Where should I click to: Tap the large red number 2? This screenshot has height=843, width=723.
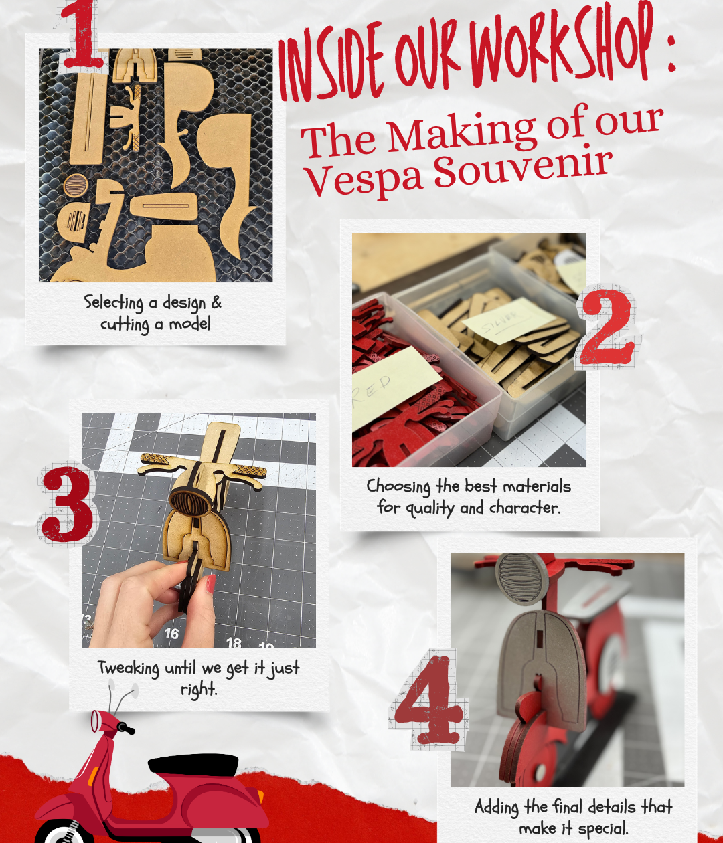pyautogui.click(x=606, y=328)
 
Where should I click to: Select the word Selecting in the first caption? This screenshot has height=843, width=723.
pyautogui.click(x=114, y=302)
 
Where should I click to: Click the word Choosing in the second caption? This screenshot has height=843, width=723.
pyautogui.click(x=398, y=486)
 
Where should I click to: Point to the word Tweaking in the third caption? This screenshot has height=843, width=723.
pyautogui.click(x=129, y=668)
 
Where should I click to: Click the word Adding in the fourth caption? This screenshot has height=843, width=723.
pyautogui.click(x=497, y=807)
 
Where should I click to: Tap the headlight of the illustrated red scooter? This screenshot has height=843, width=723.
pyautogui.click(x=96, y=721)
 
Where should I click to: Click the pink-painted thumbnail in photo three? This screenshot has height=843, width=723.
pyautogui.click(x=210, y=583)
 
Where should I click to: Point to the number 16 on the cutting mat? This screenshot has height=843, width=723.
pyautogui.click(x=171, y=633)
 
